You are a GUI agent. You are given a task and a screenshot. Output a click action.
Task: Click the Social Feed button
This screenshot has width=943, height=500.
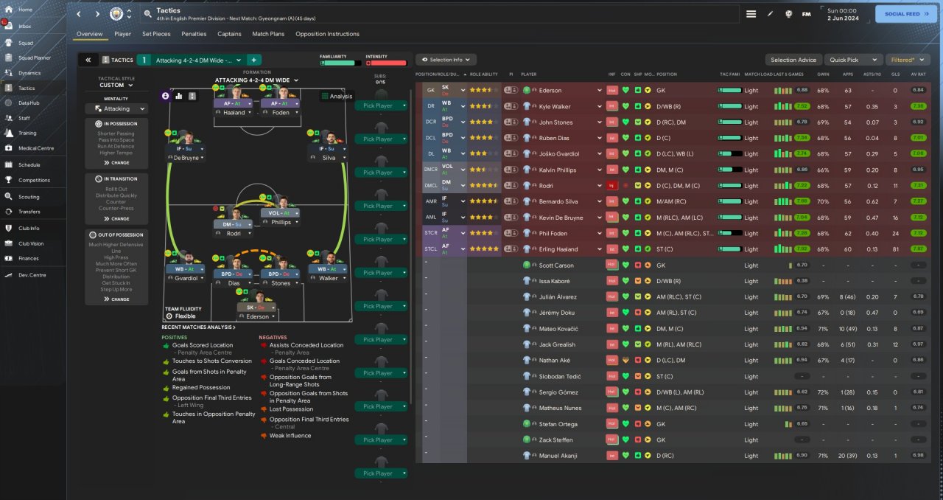tap(905, 14)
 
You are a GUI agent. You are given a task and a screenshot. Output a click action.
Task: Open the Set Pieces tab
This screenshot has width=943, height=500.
tap(156, 34)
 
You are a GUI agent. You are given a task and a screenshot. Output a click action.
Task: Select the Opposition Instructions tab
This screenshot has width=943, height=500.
tap(327, 34)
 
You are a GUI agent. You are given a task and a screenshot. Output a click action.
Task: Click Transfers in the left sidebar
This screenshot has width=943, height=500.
tap(29, 212)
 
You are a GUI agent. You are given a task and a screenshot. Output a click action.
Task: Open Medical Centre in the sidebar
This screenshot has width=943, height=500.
tap(36, 148)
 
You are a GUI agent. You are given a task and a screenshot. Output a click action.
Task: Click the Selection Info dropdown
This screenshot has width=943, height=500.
tap(446, 60)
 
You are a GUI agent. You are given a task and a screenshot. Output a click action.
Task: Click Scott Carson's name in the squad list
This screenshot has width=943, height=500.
tap(556, 265)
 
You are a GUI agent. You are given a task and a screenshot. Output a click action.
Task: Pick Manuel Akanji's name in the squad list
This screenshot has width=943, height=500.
tap(558, 456)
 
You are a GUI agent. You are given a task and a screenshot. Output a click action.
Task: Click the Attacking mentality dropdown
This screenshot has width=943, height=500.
tap(116, 108)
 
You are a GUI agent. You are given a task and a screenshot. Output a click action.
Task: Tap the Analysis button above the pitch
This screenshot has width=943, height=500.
tap(337, 96)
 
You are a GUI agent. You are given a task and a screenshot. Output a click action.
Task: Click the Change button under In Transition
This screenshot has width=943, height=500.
tap(116, 218)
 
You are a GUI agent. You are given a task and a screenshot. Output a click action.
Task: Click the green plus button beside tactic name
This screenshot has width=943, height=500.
tap(253, 60)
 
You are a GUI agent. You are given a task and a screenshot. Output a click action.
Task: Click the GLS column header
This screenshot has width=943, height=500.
tap(895, 74)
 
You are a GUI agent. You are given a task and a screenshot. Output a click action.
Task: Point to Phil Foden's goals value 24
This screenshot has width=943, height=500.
tap(895, 233)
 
